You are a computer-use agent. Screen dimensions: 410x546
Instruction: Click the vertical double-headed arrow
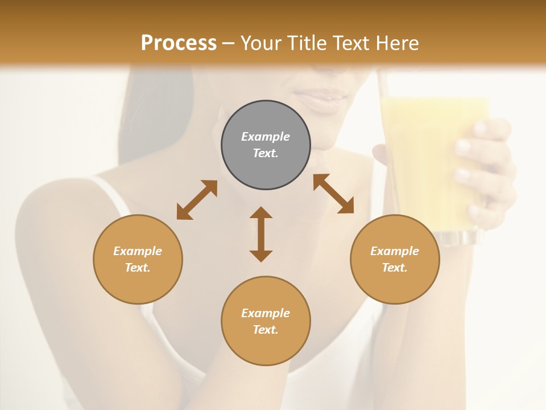tap(261, 234)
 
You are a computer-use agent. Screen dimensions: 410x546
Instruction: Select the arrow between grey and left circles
tap(197, 200)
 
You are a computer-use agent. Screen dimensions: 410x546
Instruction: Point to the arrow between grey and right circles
tap(333, 194)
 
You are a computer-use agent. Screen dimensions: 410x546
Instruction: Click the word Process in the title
tap(179, 43)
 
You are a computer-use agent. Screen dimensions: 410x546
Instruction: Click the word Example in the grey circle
tap(266, 137)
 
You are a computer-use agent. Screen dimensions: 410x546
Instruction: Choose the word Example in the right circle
tap(395, 251)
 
